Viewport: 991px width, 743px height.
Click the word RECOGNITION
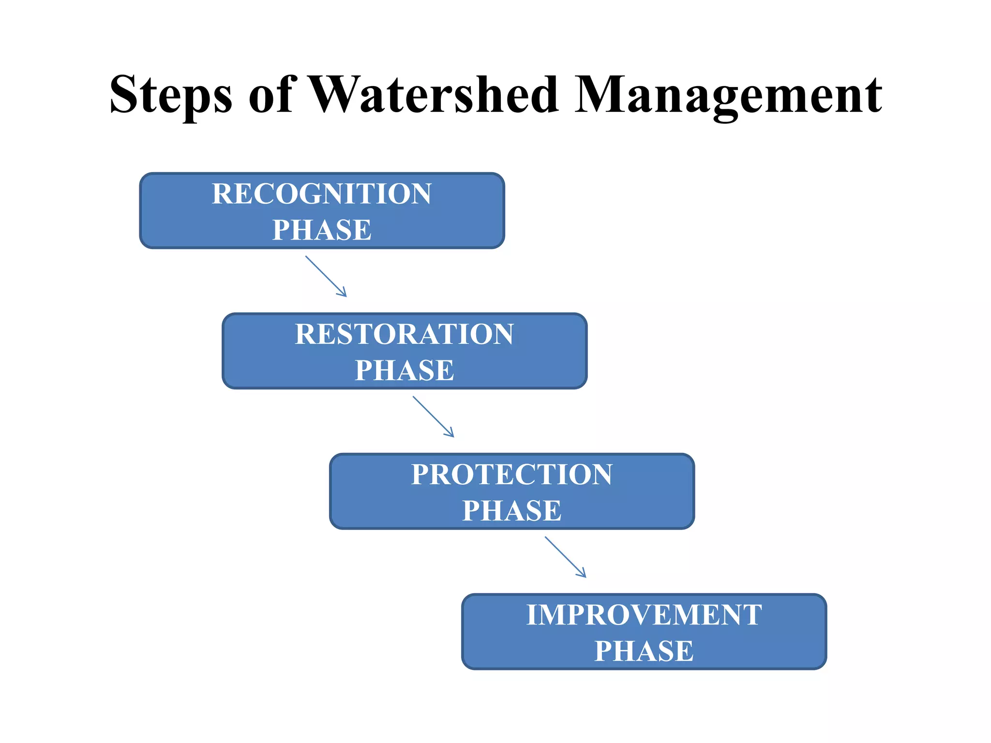[321, 194]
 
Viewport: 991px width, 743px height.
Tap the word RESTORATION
[404, 334]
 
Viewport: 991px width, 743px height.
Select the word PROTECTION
[511, 475]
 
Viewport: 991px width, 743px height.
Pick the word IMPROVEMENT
[644, 615]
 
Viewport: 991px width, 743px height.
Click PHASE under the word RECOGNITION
[321, 230]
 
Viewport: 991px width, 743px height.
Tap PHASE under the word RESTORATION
[404, 370]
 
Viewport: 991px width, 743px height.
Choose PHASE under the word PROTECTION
[511, 510]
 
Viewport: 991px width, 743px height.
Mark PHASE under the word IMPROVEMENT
[644, 651]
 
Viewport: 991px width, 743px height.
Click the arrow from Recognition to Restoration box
[325, 276]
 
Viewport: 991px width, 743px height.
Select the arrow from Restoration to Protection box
[433, 416]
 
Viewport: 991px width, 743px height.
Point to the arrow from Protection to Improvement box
[565, 556]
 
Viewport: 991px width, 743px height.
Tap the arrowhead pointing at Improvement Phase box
[583, 574]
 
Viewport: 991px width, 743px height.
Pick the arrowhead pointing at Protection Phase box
[450, 434]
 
